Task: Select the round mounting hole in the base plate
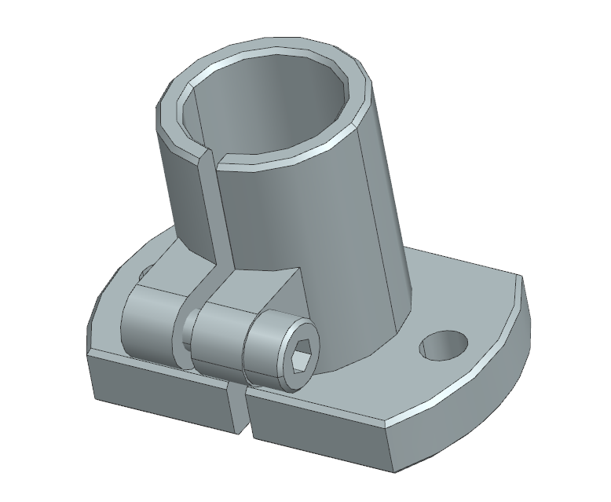(444, 344)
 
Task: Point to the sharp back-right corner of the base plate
(519, 277)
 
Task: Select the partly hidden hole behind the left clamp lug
(142, 274)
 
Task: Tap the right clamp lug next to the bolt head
(220, 342)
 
